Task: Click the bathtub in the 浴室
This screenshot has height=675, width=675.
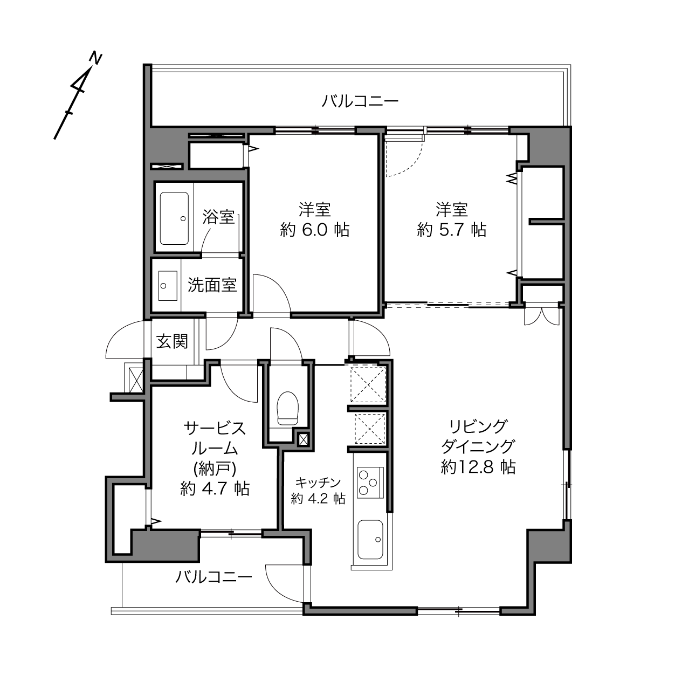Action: (x=174, y=218)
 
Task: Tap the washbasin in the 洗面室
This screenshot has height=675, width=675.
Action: (x=168, y=286)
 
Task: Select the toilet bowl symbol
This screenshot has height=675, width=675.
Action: (x=287, y=408)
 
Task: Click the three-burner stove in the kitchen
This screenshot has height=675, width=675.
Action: (x=370, y=483)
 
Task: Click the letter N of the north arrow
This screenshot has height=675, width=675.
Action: (x=95, y=59)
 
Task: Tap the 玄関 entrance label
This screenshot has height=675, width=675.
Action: (x=172, y=341)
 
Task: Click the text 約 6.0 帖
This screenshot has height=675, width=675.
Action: (x=314, y=230)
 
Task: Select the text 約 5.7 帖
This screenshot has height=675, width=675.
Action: (x=451, y=230)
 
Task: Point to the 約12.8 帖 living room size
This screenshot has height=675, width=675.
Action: (x=478, y=467)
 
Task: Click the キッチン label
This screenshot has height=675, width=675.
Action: (x=318, y=483)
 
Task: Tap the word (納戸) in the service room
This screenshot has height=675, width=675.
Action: (x=215, y=469)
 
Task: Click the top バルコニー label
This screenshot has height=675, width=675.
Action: (x=360, y=101)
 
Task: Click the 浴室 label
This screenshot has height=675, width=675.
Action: (x=218, y=217)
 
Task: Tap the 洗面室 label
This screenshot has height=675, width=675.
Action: (x=212, y=285)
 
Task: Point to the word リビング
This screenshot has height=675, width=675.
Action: (x=479, y=426)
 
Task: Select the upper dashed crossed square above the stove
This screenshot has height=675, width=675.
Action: (x=368, y=384)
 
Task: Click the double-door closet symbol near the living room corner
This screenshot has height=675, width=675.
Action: (x=541, y=316)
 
